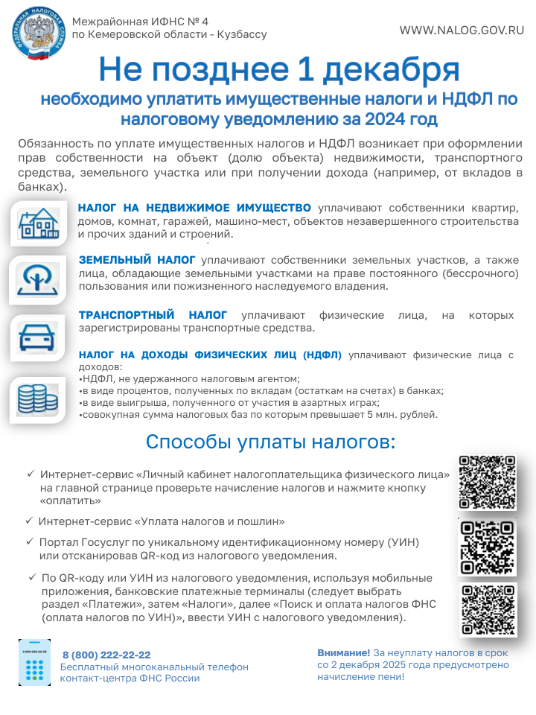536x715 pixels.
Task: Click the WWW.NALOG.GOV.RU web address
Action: (462, 31)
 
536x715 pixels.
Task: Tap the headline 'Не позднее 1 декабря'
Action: (278, 70)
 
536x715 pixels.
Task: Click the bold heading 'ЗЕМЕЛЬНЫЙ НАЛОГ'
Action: (137, 259)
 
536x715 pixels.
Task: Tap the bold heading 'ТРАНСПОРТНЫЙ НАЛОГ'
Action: (153, 315)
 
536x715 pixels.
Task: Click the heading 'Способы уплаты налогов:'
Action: (270, 442)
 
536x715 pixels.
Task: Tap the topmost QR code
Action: (488, 482)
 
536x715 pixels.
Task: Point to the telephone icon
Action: (34, 662)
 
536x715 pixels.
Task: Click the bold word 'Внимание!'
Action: (343, 652)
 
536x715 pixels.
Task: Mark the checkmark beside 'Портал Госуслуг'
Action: (30, 541)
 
